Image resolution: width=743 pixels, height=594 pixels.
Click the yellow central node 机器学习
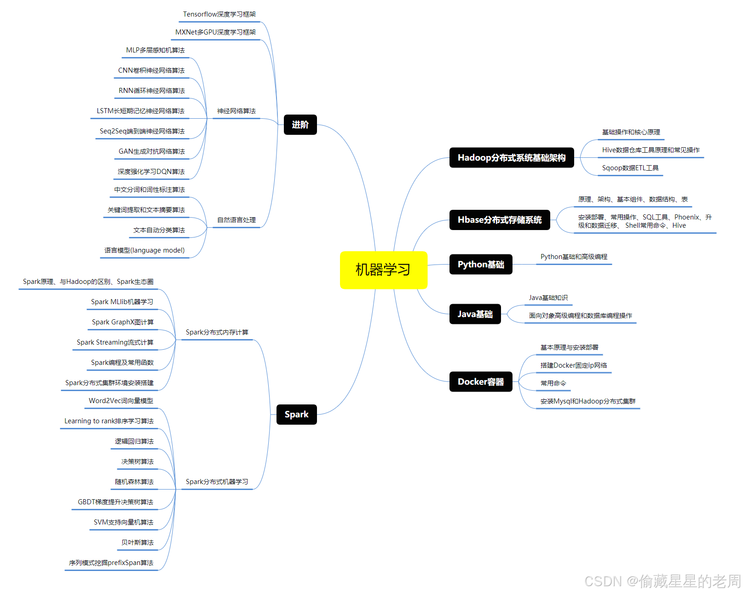pyautogui.click(x=383, y=270)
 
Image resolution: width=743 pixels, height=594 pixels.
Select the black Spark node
pyautogui.click(x=296, y=414)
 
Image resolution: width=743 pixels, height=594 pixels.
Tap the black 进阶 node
pyautogui.click(x=300, y=125)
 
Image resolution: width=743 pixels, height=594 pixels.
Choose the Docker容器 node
pyautogui.click(x=480, y=381)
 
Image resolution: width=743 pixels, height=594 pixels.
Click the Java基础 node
pyautogui.click(x=475, y=314)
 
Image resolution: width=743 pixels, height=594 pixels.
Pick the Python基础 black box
pyautogui.click(x=480, y=264)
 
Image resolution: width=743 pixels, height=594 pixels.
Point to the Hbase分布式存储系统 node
pyautogui.click(x=499, y=220)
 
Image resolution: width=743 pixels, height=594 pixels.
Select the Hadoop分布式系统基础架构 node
pyautogui.click(x=511, y=158)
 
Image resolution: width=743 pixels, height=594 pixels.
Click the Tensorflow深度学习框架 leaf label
pyautogui.click(x=219, y=14)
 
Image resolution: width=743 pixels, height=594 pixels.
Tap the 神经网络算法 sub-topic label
pyautogui.click(x=236, y=111)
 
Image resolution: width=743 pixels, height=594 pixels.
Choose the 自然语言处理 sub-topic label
pyautogui.click(x=236, y=220)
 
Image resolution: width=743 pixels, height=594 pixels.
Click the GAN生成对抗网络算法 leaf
pyautogui.click(x=151, y=151)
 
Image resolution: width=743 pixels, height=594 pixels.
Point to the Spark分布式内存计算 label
pyautogui.click(x=217, y=332)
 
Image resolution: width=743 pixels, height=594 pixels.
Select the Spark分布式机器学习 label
pyautogui.click(x=217, y=482)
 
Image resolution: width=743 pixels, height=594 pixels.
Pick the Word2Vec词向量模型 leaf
pyautogui.click(x=121, y=401)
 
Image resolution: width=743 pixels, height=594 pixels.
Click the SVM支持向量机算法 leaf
pyautogui.click(x=123, y=522)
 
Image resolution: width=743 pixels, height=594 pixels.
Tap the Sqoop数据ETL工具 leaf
pyautogui.click(x=630, y=168)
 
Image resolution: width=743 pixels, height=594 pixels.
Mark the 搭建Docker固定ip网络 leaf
pyautogui.click(x=573, y=365)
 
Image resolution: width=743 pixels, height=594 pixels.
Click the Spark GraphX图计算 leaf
pyautogui.click(x=122, y=322)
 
